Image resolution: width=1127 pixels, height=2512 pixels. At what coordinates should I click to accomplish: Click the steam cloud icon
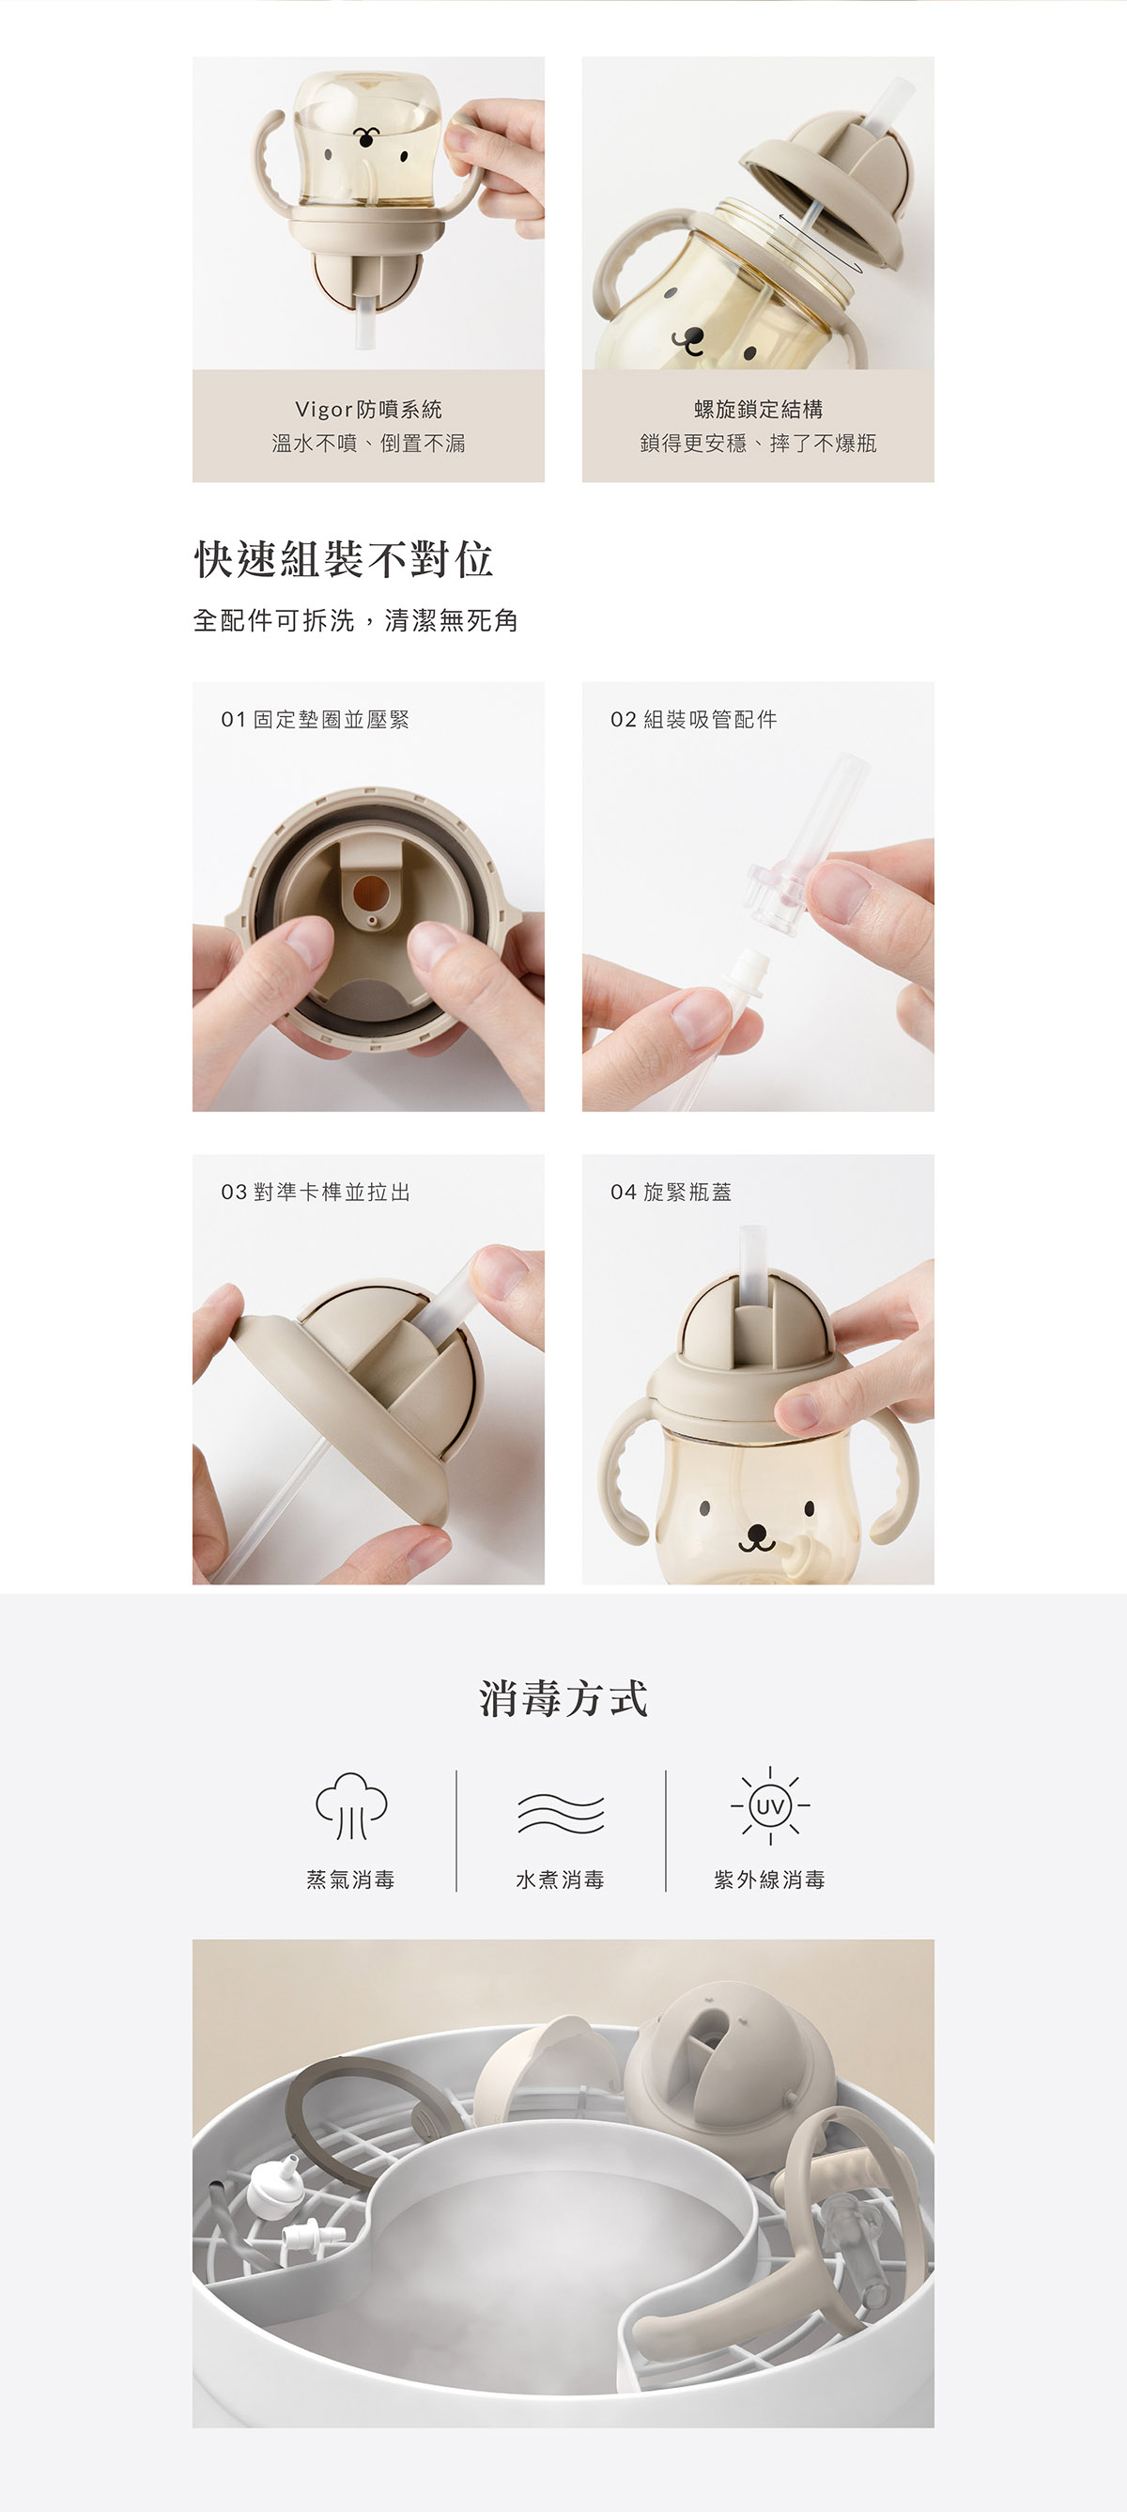pyautogui.click(x=351, y=1805)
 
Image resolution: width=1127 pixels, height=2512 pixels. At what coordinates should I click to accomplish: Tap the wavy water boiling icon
pyautogui.click(x=561, y=1813)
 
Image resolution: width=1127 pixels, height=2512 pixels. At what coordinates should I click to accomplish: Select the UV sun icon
pyautogui.click(x=770, y=1806)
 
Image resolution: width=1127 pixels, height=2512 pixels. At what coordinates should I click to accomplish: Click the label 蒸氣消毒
pyautogui.click(x=351, y=1880)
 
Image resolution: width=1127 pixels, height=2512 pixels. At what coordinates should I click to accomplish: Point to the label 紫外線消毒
pyautogui.click(x=770, y=1880)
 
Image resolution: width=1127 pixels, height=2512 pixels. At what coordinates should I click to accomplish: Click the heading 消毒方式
pyautogui.click(x=563, y=1699)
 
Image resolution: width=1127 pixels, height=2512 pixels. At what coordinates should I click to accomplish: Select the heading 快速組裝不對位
pyautogui.click(x=344, y=559)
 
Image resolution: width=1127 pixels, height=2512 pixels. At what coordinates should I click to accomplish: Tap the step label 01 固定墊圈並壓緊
pyautogui.click(x=315, y=720)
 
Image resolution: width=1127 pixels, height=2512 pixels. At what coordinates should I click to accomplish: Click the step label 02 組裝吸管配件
pyautogui.click(x=694, y=720)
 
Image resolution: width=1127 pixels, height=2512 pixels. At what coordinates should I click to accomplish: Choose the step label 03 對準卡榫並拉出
pyautogui.click(x=316, y=1192)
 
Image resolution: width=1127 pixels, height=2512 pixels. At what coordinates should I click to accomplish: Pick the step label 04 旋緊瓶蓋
pyautogui.click(x=672, y=1192)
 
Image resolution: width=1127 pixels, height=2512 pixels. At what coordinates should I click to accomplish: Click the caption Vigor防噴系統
pyautogui.click(x=368, y=410)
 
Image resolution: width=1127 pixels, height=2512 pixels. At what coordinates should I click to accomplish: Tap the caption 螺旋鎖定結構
pyautogui.click(x=759, y=410)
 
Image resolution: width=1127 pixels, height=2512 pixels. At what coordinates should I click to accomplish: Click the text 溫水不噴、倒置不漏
pyautogui.click(x=368, y=444)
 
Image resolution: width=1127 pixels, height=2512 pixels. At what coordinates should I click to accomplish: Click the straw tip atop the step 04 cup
pyautogui.click(x=749, y=1233)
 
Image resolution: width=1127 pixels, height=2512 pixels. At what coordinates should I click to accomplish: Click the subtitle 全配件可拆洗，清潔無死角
pyautogui.click(x=356, y=620)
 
